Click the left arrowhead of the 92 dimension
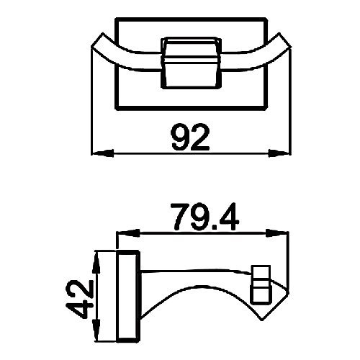click(101, 153)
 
